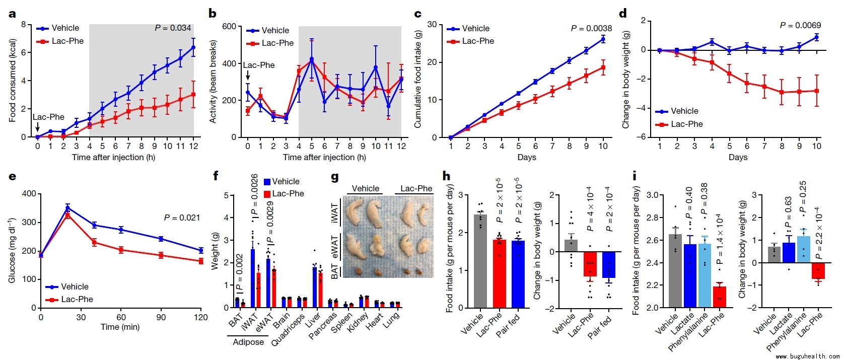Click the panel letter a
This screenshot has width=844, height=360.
[12, 14]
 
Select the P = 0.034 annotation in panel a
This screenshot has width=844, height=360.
[173, 28]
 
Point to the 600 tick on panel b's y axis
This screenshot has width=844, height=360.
[229, 26]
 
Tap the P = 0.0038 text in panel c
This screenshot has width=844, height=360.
[591, 29]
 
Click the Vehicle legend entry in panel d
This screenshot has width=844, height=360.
[676, 111]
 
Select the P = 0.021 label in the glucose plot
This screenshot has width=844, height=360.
[182, 218]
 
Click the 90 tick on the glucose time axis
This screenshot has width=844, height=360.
[161, 317]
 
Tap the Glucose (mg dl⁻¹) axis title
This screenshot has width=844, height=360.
[12, 250]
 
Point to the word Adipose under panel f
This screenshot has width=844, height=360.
[248, 342]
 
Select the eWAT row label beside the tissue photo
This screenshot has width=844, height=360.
[335, 247]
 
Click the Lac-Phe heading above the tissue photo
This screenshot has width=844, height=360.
[416, 189]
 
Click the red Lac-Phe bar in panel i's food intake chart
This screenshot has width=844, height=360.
[719, 297]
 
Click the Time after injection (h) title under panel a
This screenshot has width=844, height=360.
[113, 157]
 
